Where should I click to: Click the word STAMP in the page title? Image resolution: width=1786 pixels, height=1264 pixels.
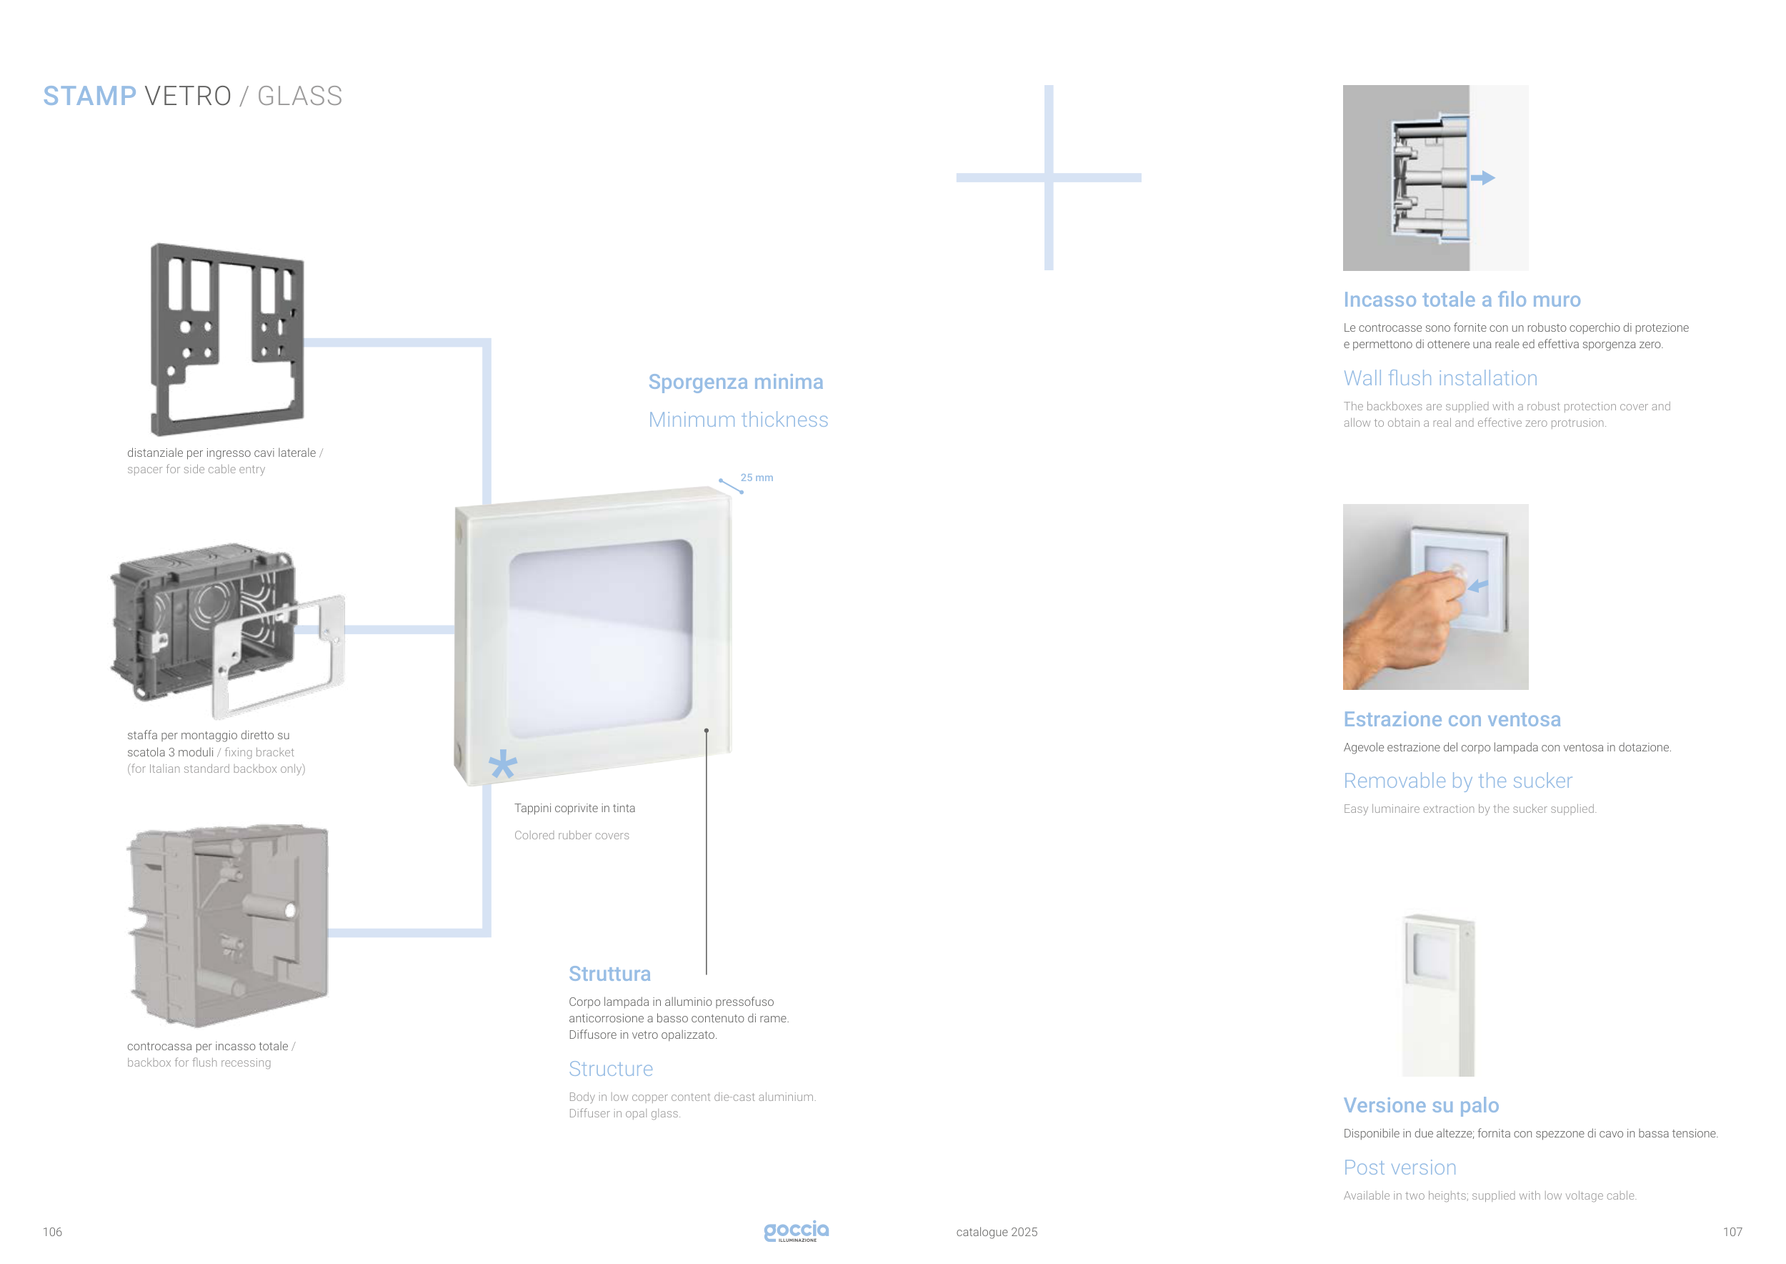pos(89,96)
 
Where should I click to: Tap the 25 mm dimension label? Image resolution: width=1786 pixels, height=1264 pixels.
pos(756,477)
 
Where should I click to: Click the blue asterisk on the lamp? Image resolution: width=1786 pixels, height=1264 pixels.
pos(502,764)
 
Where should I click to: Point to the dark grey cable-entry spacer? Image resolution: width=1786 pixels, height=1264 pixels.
pos(227,340)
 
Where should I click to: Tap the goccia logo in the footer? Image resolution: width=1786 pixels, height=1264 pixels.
pos(796,1230)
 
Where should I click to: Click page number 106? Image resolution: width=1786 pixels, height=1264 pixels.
pos(52,1231)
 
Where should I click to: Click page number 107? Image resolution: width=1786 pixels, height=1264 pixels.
pos(1732,1231)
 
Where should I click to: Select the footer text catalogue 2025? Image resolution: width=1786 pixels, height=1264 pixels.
pos(997,1231)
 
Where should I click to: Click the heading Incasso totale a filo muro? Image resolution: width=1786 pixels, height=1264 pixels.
pos(1462,300)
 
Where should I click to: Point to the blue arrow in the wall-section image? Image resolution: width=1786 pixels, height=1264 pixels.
pos(1482,177)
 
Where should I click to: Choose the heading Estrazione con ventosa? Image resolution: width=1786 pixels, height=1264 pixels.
pos(1452,719)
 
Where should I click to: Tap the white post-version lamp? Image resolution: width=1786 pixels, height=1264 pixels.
pos(1438,994)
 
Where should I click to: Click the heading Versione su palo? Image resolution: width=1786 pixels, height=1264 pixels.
pos(1420,1105)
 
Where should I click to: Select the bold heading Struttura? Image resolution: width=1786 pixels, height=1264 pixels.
pos(609,974)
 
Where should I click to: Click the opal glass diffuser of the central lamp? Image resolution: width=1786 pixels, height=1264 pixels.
pos(600,639)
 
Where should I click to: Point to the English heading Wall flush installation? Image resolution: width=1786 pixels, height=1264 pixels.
pos(1440,378)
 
